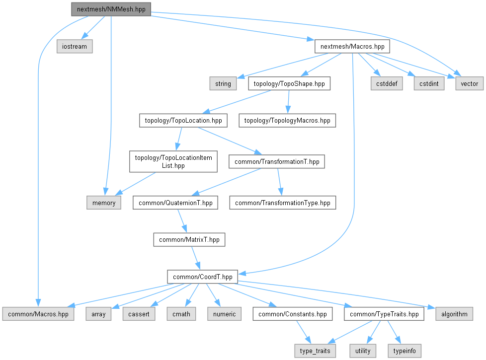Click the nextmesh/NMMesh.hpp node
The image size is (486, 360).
(x=110, y=9)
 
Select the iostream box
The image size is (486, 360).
(x=75, y=47)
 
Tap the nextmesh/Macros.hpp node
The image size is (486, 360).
(x=352, y=47)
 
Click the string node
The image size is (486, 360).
(x=223, y=83)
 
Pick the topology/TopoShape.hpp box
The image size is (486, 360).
(x=289, y=83)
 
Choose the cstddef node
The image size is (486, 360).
(x=385, y=83)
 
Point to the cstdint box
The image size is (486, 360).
(x=428, y=83)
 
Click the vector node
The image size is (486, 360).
(x=469, y=83)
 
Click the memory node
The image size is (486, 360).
(x=104, y=203)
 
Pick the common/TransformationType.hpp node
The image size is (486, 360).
(x=282, y=203)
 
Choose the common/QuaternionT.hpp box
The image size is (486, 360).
(x=175, y=203)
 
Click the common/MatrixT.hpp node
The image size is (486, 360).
(x=189, y=240)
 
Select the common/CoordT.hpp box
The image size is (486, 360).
(x=203, y=277)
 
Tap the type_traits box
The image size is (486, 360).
(x=315, y=351)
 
